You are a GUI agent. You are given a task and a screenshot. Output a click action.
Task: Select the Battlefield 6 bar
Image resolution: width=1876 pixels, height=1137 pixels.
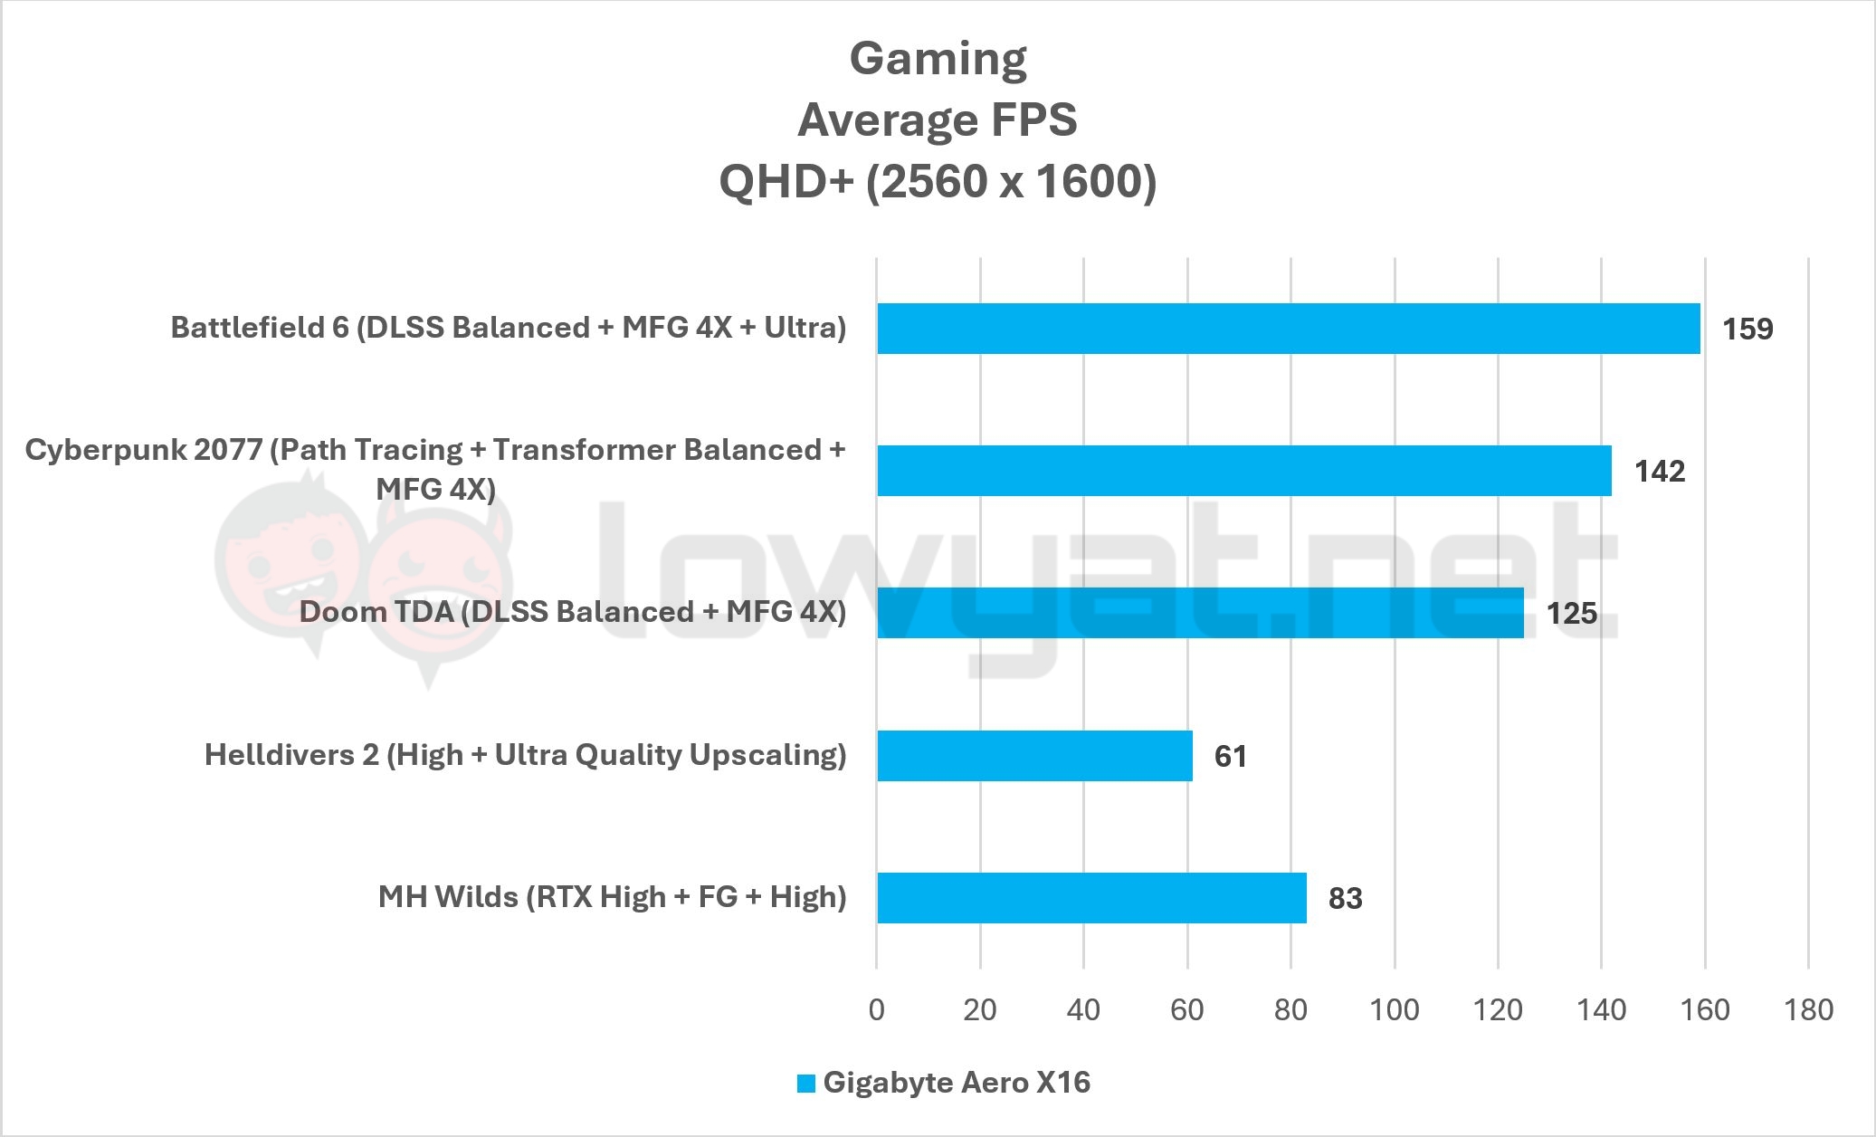[1288, 328]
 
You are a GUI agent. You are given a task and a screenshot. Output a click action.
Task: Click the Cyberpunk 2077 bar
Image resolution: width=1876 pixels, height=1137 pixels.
[1243, 471]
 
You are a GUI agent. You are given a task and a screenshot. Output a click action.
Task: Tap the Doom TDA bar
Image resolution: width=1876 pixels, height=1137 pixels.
[1200, 613]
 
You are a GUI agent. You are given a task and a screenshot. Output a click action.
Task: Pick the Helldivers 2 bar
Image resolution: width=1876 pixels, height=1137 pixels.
[1034, 755]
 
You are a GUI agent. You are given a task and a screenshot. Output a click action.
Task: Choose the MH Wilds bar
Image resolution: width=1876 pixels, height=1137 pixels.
[1091, 897]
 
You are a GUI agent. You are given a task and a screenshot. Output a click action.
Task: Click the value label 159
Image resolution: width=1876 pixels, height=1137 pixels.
[1747, 329]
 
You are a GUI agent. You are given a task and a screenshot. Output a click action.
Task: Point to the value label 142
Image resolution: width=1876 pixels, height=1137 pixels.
[1659, 471]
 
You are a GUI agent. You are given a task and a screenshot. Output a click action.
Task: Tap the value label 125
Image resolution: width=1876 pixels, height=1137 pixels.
[1571, 614]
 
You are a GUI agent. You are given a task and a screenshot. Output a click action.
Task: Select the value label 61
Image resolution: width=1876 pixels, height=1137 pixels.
[1230, 756]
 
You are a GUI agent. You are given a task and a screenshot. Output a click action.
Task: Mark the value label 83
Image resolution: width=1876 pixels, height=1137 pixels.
[1345, 898]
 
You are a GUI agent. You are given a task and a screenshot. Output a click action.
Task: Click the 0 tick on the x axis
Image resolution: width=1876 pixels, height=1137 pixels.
[876, 1009]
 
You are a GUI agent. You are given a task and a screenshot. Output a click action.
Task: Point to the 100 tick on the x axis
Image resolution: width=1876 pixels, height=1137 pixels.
[1394, 1009]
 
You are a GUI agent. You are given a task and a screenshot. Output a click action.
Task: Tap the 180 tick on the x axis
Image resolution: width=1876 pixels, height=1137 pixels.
[1808, 1009]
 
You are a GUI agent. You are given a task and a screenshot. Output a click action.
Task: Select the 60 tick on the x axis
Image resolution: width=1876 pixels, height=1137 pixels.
[1186, 1009]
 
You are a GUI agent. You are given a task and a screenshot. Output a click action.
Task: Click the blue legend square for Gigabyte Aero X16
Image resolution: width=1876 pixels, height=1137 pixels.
[805, 1084]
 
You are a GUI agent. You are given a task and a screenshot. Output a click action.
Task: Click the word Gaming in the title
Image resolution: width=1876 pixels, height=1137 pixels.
[938, 59]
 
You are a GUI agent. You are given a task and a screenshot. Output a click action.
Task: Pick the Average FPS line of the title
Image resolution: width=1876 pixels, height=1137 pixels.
[938, 120]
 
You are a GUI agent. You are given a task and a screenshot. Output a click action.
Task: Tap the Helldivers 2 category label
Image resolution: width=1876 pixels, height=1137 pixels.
[525, 754]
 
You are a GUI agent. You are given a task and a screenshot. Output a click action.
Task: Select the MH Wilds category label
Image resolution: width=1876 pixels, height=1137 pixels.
[612, 896]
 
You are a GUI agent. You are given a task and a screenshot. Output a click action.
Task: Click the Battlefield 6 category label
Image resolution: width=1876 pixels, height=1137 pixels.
[508, 327]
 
